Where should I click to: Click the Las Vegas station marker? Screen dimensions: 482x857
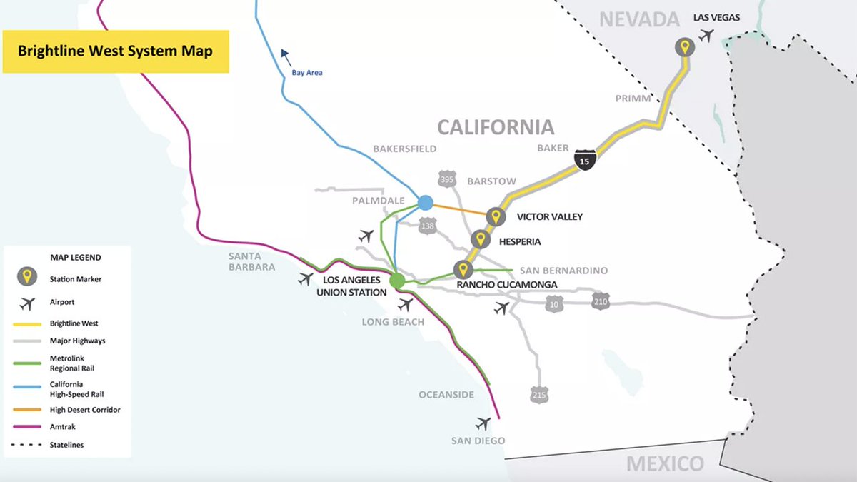click(x=685, y=48)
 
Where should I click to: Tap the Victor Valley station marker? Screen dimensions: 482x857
click(x=495, y=216)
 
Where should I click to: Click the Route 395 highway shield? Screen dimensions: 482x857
click(x=447, y=180)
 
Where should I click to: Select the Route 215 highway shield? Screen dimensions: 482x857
click(x=540, y=393)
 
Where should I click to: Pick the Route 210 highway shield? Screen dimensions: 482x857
click(x=601, y=301)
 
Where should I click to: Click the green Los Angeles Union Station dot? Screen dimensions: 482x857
click(x=397, y=281)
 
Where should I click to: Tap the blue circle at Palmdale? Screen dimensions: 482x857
click(x=426, y=203)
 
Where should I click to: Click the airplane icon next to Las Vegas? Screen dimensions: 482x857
click(x=707, y=34)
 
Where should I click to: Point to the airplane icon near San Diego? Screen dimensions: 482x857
click(x=483, y=423)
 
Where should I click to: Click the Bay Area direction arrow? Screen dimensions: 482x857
click(x=286, y=54)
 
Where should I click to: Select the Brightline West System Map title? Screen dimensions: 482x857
click(x=115, y=51)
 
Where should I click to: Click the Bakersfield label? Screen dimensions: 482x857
click(x=404, y=149)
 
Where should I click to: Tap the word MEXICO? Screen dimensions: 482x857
click(x=664, y=464)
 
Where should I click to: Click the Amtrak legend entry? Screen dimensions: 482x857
click(x=63, y=427)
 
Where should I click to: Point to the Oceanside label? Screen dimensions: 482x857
click(x=447, y=395)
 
